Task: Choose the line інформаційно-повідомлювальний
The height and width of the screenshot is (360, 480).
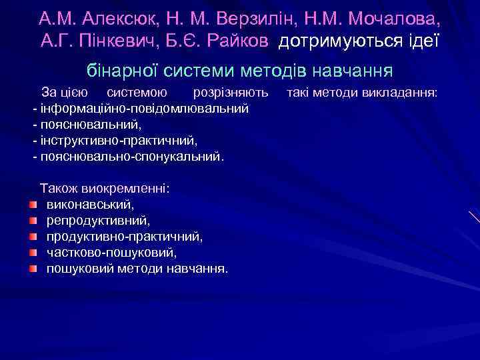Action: (x=144, y=108)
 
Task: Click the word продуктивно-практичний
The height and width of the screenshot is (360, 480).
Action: (x=125, y=237)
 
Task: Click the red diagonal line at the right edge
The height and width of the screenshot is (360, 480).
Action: (x=474, y=217)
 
